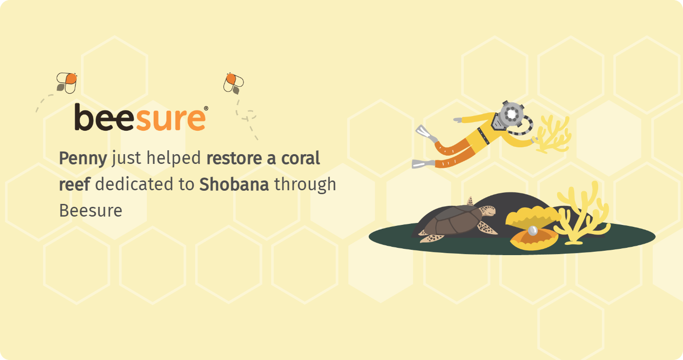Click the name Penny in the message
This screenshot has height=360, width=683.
pos(83,159)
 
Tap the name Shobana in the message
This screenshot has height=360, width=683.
pos(234,184)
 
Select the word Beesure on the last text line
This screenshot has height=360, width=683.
pos(91,211)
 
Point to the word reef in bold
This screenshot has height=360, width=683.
pos(74,184)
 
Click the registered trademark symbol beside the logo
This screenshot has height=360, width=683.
pos(206,108)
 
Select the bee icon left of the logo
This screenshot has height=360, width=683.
pos(67,83)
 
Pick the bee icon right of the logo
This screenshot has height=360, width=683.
pos(234,83)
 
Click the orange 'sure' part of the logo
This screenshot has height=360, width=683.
pos(171,120)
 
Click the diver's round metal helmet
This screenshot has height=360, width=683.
pos(512,115)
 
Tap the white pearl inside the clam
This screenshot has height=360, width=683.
pos(533,230)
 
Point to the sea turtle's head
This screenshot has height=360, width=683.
pos(487,211)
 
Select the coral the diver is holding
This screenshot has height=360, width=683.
pos(552,135)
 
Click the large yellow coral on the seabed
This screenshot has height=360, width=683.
pos(581,213)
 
